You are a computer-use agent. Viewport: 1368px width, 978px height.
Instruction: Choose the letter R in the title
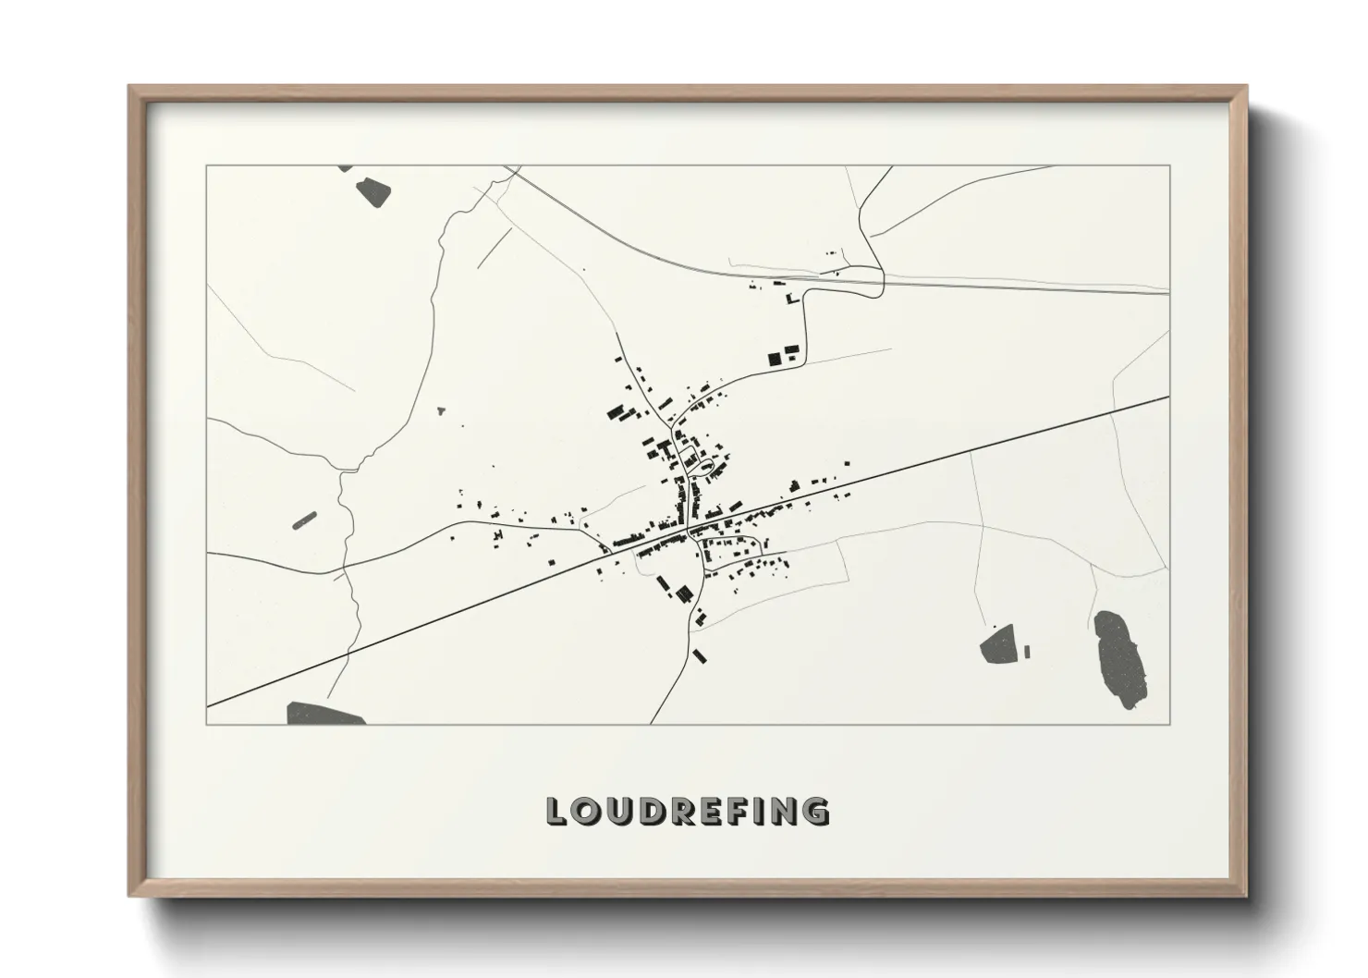(679, 812)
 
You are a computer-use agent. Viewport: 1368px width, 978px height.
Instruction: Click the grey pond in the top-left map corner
(373, 191)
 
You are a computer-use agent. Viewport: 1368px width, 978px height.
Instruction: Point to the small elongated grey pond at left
(305, 520)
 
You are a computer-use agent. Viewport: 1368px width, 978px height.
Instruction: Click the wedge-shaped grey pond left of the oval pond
(998, 644)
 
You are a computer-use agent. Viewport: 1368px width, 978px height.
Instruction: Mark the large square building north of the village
(775, 359)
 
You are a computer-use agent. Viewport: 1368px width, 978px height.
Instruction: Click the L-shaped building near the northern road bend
(790, 299)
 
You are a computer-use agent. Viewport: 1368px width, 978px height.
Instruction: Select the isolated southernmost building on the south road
(700, 655)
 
